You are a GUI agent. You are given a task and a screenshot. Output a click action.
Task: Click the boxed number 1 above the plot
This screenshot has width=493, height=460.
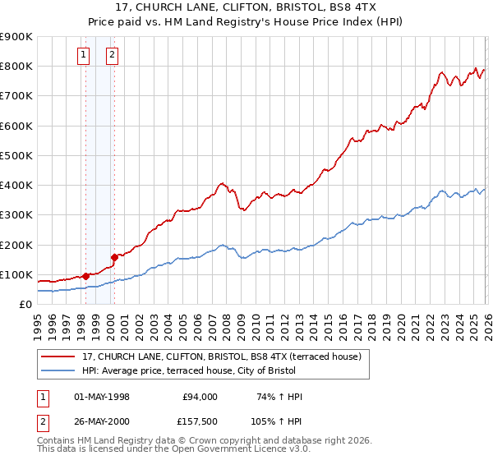84,56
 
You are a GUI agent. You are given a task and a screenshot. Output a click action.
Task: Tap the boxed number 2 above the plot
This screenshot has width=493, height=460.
112,56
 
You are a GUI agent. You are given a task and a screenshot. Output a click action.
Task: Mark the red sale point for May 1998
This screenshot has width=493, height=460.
85,276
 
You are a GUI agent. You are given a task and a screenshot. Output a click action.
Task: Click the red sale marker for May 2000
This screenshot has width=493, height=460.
115,257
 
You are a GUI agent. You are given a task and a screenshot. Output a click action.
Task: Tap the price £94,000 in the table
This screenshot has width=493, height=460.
200,397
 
